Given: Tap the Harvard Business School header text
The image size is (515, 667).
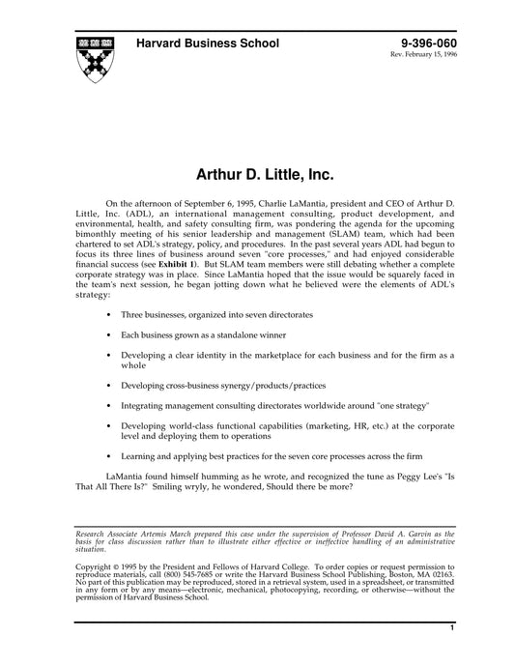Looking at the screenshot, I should pyautogui.click(x=208, y=43).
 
